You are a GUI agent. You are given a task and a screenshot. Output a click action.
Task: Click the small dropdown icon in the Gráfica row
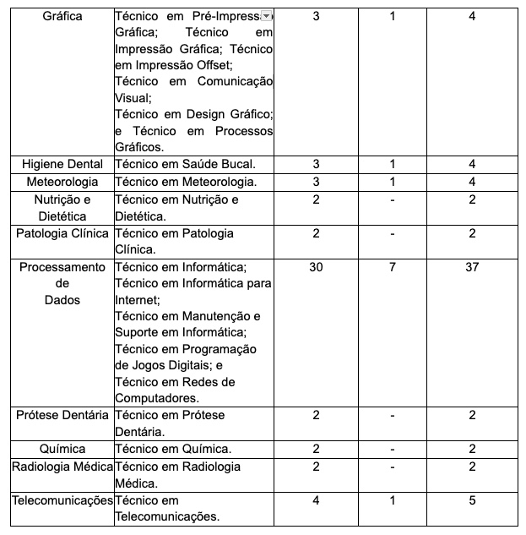click(x=266, y=16)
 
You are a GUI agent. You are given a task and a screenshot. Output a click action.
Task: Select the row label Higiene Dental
click(x=62, y=163)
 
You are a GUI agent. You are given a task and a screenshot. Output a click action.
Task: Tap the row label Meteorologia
click(x=62, y=182)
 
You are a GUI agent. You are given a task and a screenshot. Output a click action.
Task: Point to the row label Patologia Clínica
click(x=62, y=233)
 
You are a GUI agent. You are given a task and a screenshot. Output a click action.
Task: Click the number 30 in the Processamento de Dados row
click(x=316, y=267)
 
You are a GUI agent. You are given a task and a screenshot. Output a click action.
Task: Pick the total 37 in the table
click(x=472, y=267)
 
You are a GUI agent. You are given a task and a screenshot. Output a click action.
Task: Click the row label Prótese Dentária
click(x=62, y=415)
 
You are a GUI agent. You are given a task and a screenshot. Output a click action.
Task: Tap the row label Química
click(x=62, y=449)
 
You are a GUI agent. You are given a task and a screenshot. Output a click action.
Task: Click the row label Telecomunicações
click(x=62, y=500)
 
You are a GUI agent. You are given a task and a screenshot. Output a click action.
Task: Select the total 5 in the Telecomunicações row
click(x=472, y=500)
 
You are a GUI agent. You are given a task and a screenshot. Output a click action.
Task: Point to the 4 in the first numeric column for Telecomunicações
click(x=316, y=500)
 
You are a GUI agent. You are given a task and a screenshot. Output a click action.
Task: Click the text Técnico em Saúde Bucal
click(x=185, y=163)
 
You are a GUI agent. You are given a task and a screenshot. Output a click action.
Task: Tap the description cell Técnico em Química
click(x=173, y=449)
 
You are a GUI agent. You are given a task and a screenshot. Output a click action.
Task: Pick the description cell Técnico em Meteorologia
click(x=185, y=182)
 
